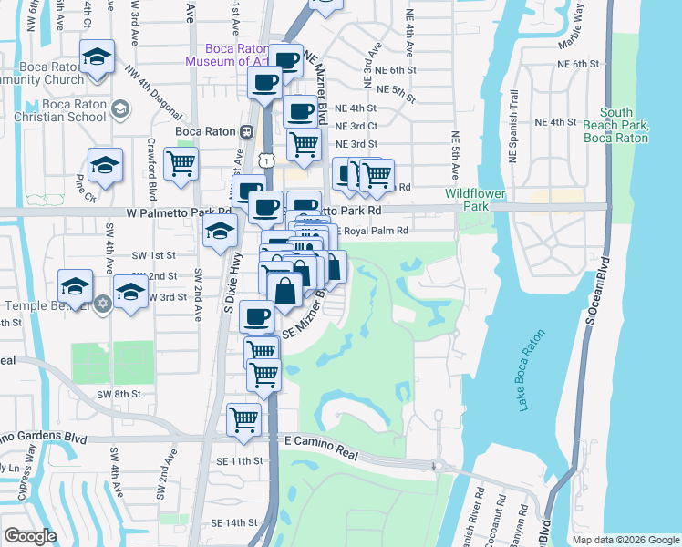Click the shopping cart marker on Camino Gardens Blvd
pos(243,420)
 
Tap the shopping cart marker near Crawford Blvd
pos(181,164)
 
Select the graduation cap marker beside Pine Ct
pos(106,166)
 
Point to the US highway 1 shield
pos(265,160)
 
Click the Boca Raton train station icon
pos(246,131)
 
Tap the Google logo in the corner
pos(31,536)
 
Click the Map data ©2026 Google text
pos(625,540)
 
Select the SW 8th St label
pos(119,394)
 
